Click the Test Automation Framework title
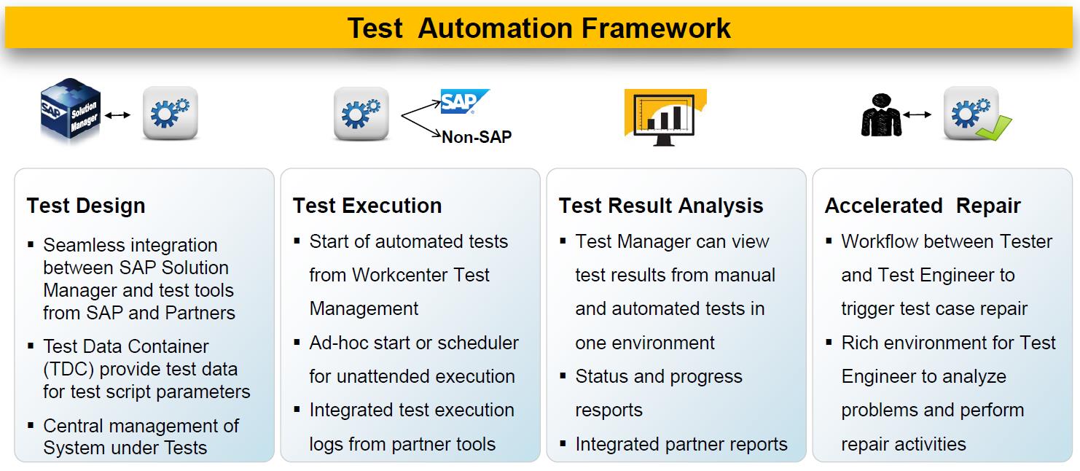(x=539, y=28)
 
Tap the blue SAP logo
(x=464, y=101)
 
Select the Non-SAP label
(x=477, y=137)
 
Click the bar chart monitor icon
(x=665, y=117)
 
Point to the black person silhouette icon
(x=881, y=115)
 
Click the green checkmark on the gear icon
(x=994, y=128)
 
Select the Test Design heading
(x=86, y=206)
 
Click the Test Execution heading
(x=367, y=206)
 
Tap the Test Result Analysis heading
(x=661, y=206)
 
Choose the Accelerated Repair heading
(x=923, y=206)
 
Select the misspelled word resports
(x=609, y=410)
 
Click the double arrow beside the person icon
(x=917, y=115)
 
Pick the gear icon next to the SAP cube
(x=171, y=114)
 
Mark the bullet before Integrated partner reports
(x=562, y=443)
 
